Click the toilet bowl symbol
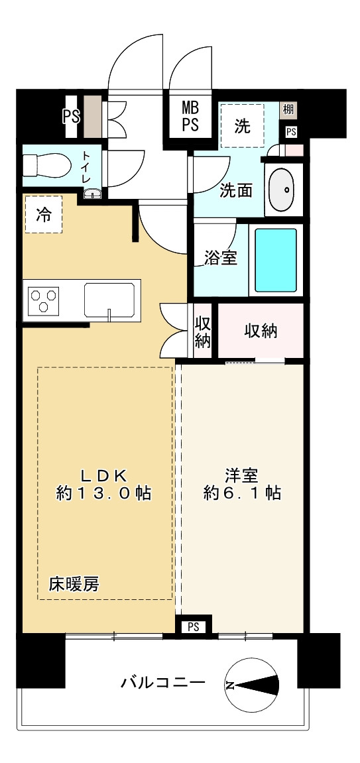[x=46, y=165]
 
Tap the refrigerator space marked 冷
[x=43, y=215]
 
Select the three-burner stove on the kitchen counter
[x=44, y=299]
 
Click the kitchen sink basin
[x=109, y=300]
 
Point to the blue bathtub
[x=276, y=259]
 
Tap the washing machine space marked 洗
[x=242, y=125]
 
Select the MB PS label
[x=190, y=116]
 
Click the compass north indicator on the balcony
[x=252, y=685]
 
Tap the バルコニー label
[x=162, y=683]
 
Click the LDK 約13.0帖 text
[x=103, y=484]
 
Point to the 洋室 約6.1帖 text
[x=242, y=484]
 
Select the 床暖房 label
[x=74, y=584]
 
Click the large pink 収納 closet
[x=261, y=331]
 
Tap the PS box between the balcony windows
[x=193, y=626]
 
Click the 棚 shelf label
[x=288, y=109]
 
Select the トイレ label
[x=86, y=167]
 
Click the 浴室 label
[x=220, y=259]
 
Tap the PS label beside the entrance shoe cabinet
[x=71, y=116]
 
